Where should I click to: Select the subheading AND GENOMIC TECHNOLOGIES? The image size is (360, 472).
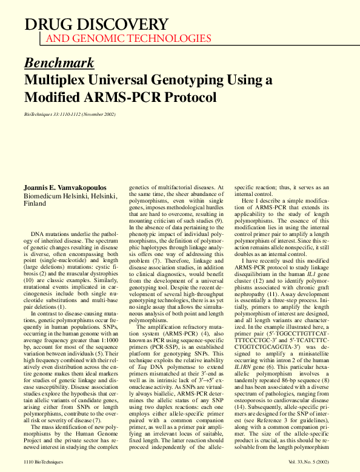point(128,38)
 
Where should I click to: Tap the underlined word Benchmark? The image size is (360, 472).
point(59,62)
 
